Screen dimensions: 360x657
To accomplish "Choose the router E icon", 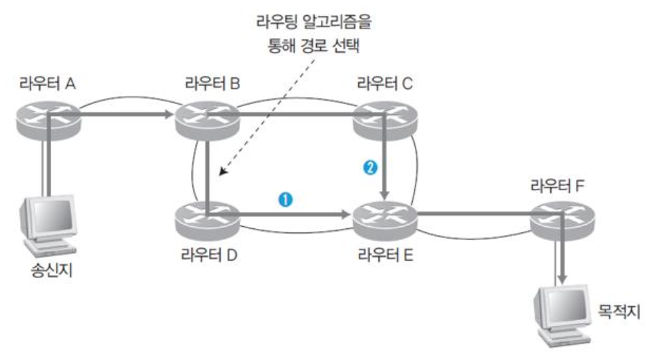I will [x=382, y=216].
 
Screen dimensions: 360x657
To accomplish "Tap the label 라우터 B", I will [x=212, y=86].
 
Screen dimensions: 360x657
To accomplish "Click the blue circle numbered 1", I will [x=282, y=199].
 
